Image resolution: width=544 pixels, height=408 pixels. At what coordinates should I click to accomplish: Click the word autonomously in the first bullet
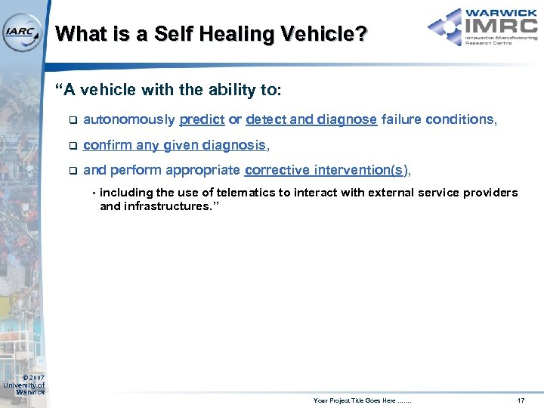coord(129,119)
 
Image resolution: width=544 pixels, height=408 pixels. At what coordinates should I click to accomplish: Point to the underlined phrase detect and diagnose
coord(311,119)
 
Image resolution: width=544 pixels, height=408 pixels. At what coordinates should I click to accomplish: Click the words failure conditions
coord(437,119)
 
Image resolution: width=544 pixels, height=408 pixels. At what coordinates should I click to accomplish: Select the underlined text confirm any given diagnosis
coord(174,144)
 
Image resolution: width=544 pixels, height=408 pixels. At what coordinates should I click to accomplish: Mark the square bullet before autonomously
coord(72,120)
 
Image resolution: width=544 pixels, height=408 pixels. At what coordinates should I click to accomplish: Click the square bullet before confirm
coord(72,145)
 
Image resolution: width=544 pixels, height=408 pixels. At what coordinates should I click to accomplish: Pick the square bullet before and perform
coord(72,171)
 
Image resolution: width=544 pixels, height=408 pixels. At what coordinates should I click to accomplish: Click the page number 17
coord(520,399)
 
